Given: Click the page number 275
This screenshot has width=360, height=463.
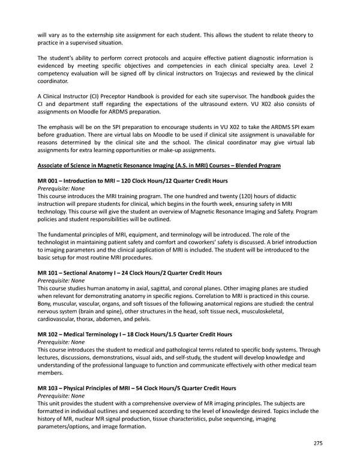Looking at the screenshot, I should [x=317, y=443].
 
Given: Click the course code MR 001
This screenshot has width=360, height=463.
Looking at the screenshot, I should [x=49, y=181].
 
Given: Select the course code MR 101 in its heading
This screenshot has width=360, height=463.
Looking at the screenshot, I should [x=49, y=273].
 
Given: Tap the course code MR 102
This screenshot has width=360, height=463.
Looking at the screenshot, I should [x=49, y=334].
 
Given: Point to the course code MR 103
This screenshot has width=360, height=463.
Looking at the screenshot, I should [x=49, y=389].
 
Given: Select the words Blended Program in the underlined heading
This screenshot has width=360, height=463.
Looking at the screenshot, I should [x=259, y=165].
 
